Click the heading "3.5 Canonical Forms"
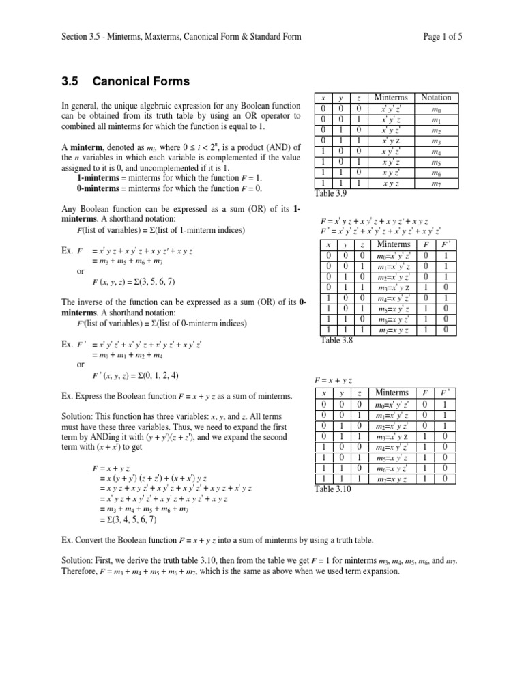126,82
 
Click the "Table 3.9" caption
332,194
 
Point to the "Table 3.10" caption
334,489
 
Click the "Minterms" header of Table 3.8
394,244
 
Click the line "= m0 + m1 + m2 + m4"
130,355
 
